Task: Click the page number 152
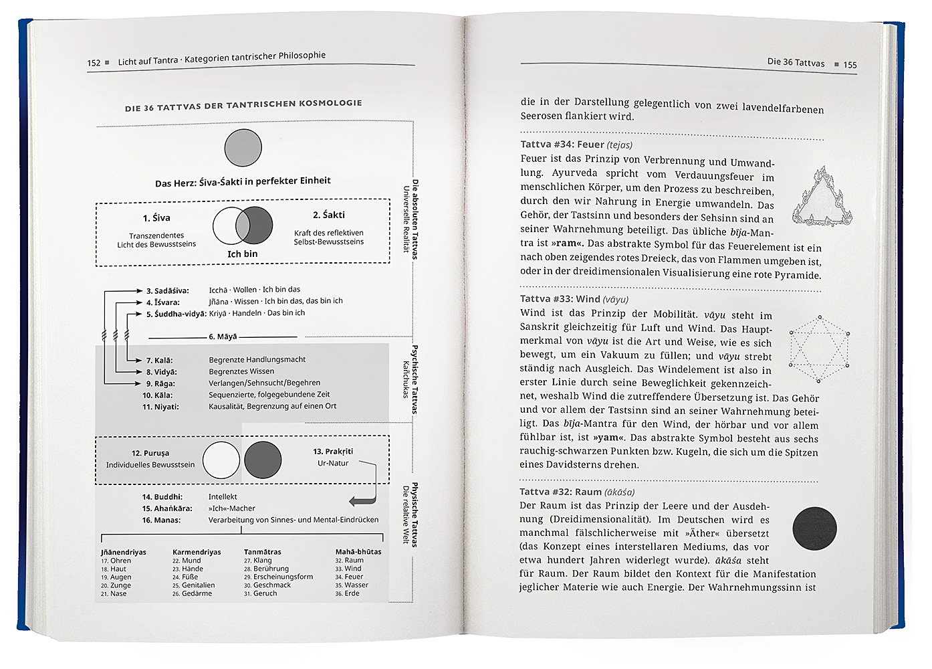pyautogui.click(x=93, y=63)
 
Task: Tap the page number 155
pyautogui.click(x=850, y=65)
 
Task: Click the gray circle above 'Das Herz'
pyautogui.click(x=243, y=148)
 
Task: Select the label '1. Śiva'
pyautogui.click(x=156, y=218)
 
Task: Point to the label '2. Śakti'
pyautogui.click(x=329, y=215)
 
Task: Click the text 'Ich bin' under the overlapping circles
pyautogui.click(x=242, y=254)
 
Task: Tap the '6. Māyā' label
pyautogui.click(x=223, y=337)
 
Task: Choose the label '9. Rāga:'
pyautogui.click(x=160, y=384)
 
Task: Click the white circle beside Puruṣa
pyautogui.click(x=221, y=460)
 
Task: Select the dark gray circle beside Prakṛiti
pyautogui.click(x=263, y=460)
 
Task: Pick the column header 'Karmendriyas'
pyautogui.click(x=197, y=552)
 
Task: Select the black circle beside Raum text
pyautogui.click(x=814, y=529)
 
